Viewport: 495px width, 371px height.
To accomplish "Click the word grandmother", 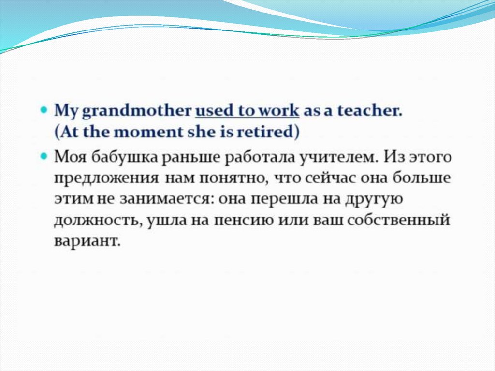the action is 137,112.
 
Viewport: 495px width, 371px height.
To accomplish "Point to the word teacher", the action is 370,111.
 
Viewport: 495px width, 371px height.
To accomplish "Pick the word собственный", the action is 398,220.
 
